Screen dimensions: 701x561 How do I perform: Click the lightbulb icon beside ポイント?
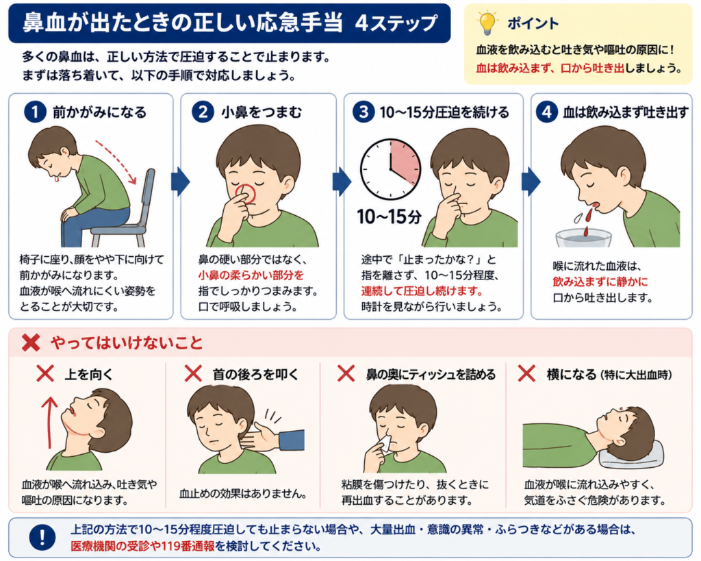pyautogui.click(x=487, y=23)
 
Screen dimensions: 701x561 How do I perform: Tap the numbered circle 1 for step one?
pyautogui.click(x=36, y=112)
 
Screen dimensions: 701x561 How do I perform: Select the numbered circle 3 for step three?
pyautogui.click(x=363, y=112)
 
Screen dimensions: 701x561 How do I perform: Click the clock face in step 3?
pyautogui.click(x=391, y=169)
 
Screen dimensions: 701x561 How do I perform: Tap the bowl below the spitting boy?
pyautogui.click(x=583, y=238)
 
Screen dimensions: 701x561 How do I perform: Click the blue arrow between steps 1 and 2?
pyautogui.click(x=180, y=182)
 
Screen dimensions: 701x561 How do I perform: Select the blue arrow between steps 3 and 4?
pyautogui.click(x=531, y=182)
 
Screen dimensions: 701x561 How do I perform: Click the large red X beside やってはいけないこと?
pyautogui.click(x=31, y=342)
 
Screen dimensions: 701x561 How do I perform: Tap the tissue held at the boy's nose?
pyautogui.click(x=385, y=442)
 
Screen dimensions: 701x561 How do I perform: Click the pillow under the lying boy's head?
pyautogui.click(x=630, y=456)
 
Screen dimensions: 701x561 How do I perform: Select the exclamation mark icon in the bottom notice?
pyautogui.click(x=42, y=537)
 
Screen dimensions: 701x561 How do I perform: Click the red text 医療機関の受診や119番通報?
pyautogui.click(x=142, y=546)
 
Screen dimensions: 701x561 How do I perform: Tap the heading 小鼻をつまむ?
pyautogui.click(x=262, y=112)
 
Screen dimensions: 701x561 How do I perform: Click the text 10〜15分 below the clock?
pyautogui.click(x=390, y=216)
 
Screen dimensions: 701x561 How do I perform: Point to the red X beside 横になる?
pyautogui.click(x=526, y=373)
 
